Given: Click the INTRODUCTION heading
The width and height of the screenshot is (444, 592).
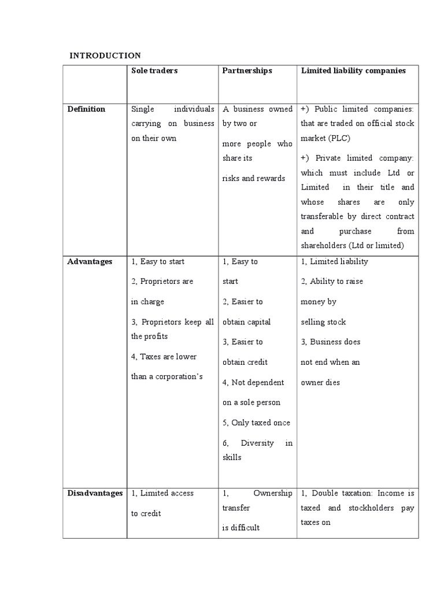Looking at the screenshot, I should pyautogui.click(x=105, y=55).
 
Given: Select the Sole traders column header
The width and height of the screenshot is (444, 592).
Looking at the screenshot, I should pyautogui.click(x=154, y=71).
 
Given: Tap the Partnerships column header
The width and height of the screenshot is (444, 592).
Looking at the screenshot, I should pyautogui.click(x=247, y=71).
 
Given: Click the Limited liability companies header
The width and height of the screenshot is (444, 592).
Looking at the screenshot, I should pyautogui.click(x=353, y=71).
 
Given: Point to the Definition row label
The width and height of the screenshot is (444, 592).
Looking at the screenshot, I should pyautogui.click(x=86, y=109).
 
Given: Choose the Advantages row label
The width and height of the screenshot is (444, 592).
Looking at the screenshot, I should pyautogui.click(x=90, y=261).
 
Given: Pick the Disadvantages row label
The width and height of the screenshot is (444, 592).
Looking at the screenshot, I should pyautogui.click(x=95, y=493).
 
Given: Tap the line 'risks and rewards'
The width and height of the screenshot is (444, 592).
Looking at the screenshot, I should pyautogui.click(x=254, y=178).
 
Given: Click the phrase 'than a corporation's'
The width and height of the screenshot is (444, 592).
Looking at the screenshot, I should pyautogui.click(x=167, y=376).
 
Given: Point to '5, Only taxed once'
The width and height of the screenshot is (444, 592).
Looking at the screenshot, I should pyautogui.click(x=256, y=423).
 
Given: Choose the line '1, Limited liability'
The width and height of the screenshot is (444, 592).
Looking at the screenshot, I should pyautogui.click(x=334, y=261).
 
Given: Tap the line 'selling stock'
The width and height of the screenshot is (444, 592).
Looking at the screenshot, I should pyautogui.click(x=323, y=321).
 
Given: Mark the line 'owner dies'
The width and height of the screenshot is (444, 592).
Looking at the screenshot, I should pyautogui.click(x=320, y=382).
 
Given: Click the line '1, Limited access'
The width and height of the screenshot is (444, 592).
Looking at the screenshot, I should pyautogui.click(x=162, y=493).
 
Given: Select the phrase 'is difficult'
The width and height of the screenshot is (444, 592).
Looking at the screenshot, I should pyautogui.click(x=241, y=527).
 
